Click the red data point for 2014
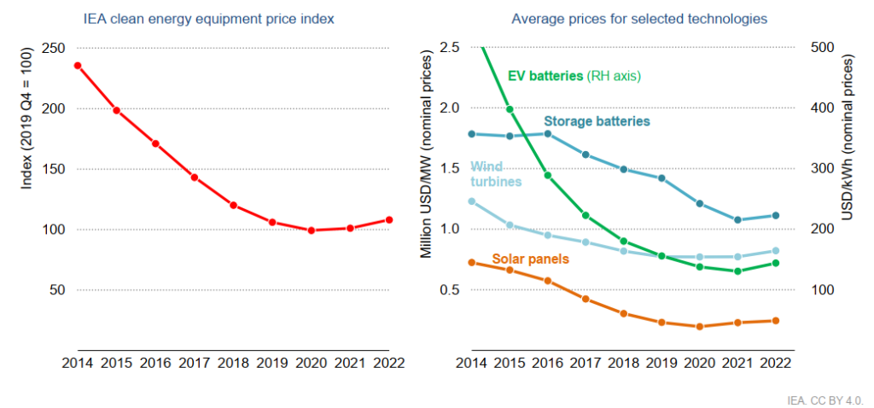pyautogui.click(x=78, y=66)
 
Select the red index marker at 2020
pyautogui.click(x=312, y=230)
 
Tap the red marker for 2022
pyautogui.click(x=389, y=219)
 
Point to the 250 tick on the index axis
pyautogui.click(x=54, y=48)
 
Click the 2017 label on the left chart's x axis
pyautogui.click(x=195, y=362)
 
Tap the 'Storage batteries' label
pyautogui.click(x=597, y=122)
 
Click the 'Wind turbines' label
pyautogui.click(x=496, y=174)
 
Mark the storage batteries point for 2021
pyautogui.click(x=737, y=220)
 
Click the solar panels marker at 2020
pyautogui.click(x=699, y=327)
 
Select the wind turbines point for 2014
pyautogui.click(x=471, y=201)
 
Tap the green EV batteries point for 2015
pyautogui.click(x=510, y=109)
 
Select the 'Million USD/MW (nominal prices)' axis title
pyautogui.click(x=426, y=154)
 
